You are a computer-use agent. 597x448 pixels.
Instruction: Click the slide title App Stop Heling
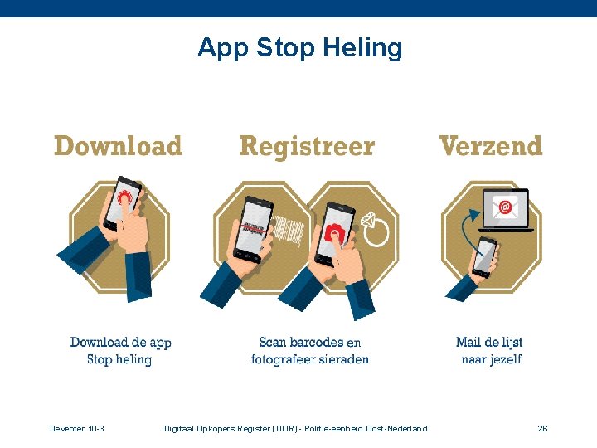pyautogui.click(x=299, y=48)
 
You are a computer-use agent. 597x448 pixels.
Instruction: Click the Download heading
pyautogui.click(x=118, y=147)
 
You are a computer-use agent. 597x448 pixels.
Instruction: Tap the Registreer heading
pyautogui.click(x=307, y=147)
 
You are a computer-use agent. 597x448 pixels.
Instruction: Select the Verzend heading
pyautogui.click(x=490, y=147)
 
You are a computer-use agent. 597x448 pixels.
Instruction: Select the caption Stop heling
pyautogui.click(x=119, y=360)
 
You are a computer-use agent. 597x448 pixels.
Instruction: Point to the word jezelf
pyautogui.click(x=503, y=360)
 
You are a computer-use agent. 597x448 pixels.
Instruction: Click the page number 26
pyautogui.click(x=542, y=428)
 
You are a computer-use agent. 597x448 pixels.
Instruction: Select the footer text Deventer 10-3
pyautogui.click(x=76, y=428)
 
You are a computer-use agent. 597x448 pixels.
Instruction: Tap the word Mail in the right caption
pyautogui.click(x=468, y=342)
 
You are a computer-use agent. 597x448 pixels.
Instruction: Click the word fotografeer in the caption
pyautogui.click(x=280, y=360)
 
